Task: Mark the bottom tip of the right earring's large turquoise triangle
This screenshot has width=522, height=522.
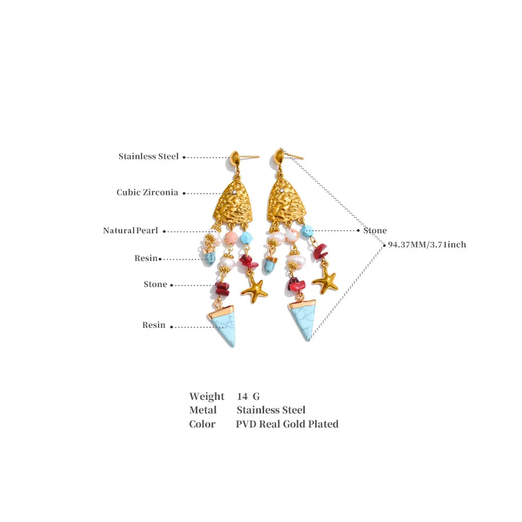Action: click(x=309, y=340)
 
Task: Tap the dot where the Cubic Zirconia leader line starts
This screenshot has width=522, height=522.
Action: click(x=184, y=193)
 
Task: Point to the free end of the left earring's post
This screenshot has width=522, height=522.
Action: click(x=259, y=156)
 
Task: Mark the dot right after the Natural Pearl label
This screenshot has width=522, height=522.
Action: click(x=164, y=231)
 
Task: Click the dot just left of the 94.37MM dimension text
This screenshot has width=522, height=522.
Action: click(x=384, y=245)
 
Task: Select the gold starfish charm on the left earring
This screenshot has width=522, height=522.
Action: click(x=254, y=292)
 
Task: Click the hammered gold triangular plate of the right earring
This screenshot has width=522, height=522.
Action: click(x=287, y=201)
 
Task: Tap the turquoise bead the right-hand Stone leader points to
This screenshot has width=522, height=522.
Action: click(x=307, y=231)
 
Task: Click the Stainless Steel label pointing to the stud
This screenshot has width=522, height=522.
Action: click(x=148, y=157)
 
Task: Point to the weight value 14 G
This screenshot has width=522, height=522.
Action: click(x=248, y=396)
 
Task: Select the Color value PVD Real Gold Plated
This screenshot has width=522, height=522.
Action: click(x=287, y=424)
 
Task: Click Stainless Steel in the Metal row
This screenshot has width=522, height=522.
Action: click(x=271, y=410)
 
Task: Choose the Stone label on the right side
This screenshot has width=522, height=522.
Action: click(x=375, y=230)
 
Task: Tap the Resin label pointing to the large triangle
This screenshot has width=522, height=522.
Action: click(x=154, y=325)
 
